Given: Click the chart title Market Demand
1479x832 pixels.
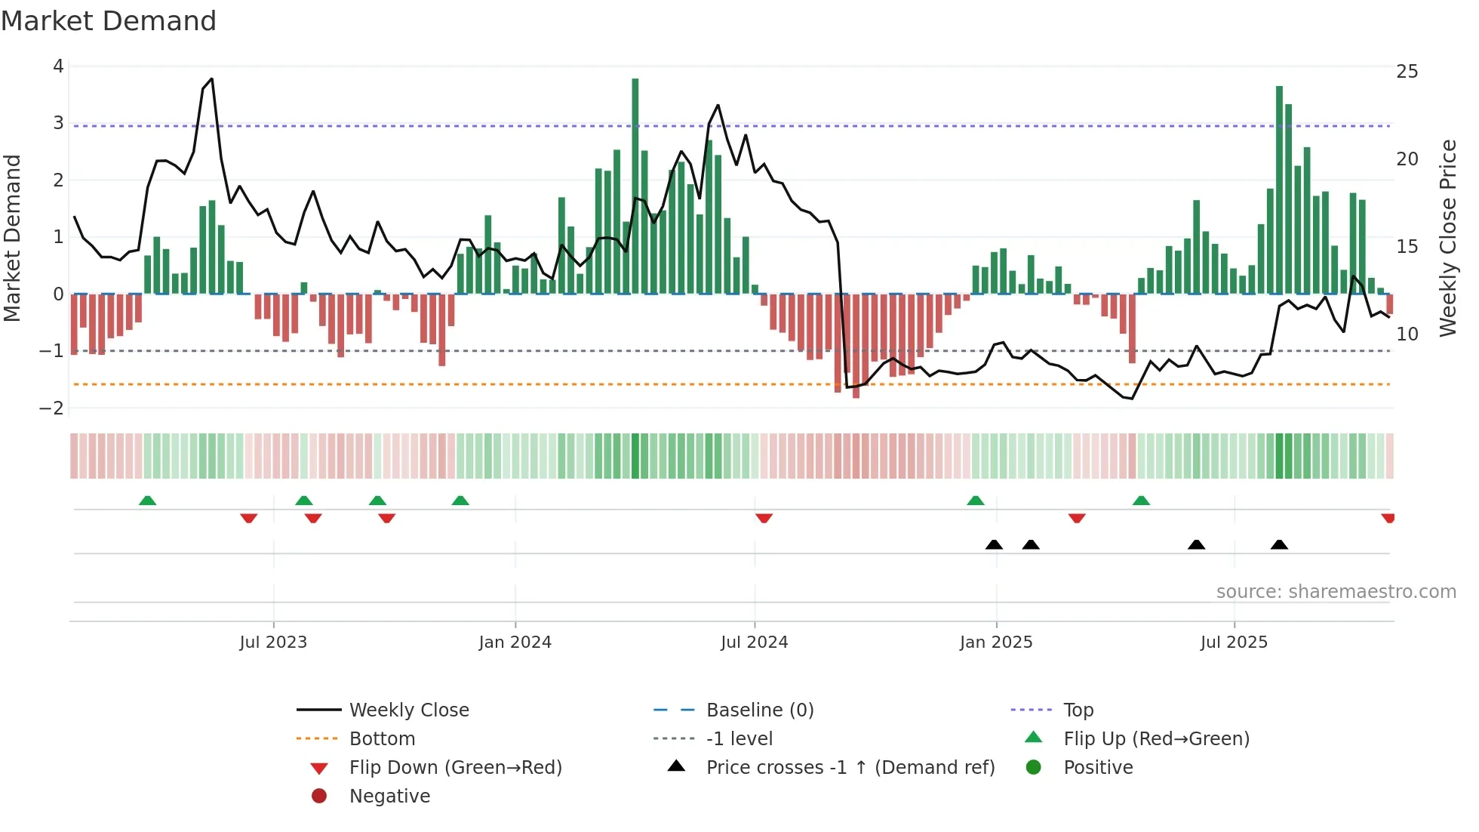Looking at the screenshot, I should [109, 21].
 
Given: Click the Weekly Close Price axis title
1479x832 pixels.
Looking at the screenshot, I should [1447, 238].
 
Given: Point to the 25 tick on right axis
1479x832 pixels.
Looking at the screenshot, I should [1407, 72].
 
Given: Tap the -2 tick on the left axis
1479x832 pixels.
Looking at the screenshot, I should [52, 408].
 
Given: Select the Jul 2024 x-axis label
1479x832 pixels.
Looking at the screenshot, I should [754, 642].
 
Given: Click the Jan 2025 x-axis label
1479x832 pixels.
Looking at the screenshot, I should [995, 642].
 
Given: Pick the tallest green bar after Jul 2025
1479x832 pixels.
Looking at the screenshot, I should [1279, 189].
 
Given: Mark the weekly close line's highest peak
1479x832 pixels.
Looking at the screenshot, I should [211, 79].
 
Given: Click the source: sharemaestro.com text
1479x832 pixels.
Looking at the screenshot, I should [1336, 592].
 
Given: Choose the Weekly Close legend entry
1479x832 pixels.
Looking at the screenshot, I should [408, 710].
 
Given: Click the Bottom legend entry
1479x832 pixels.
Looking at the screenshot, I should [382, 739].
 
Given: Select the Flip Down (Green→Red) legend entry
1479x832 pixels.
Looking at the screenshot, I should [455, 768].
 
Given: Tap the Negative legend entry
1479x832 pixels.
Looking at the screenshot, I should [389, 797].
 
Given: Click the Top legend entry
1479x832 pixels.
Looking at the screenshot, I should [1078, 710].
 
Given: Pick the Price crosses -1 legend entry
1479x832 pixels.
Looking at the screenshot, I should [850, 768].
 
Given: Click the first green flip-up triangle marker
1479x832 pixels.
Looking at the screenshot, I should [148, 501].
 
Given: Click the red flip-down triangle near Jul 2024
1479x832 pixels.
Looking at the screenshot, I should [764, 518].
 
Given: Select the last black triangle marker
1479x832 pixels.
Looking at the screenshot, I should [1279, 544].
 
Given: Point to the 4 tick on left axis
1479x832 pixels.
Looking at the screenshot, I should [58, 66].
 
